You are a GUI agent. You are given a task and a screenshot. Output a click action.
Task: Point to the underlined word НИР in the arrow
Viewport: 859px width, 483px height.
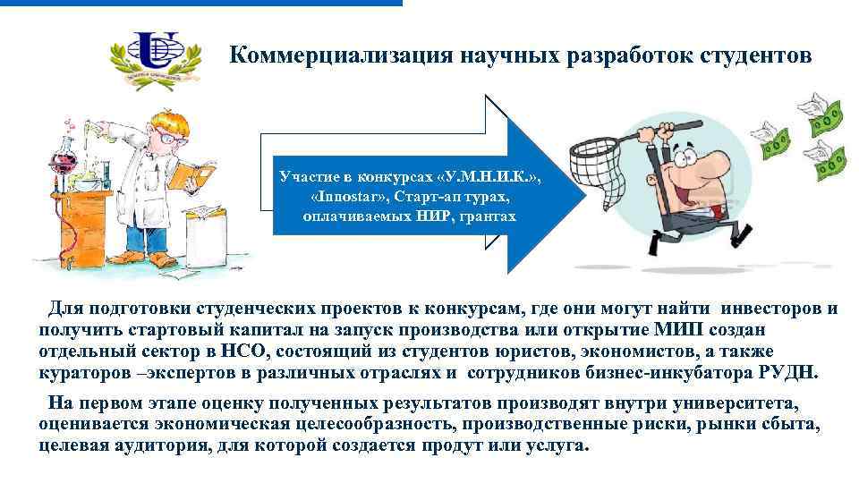(434, 216)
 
